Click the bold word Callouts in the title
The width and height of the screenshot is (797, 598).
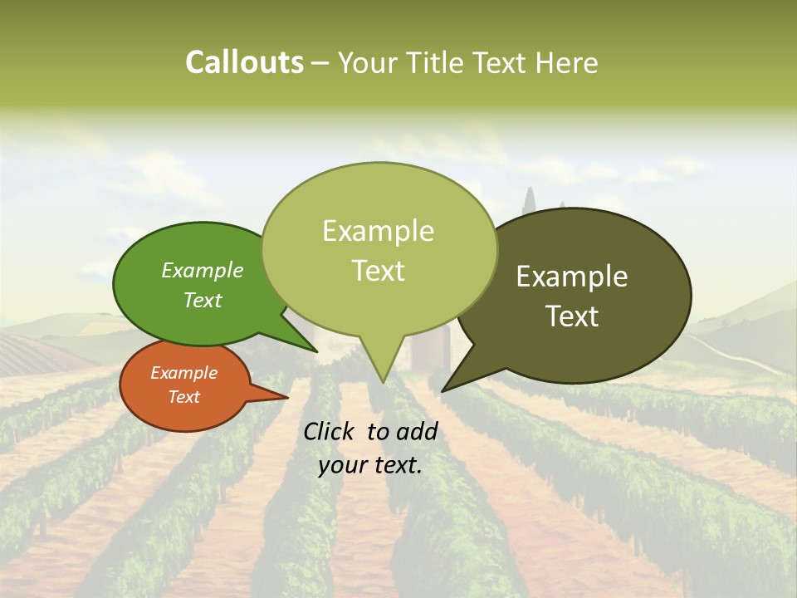(x=244, y=62)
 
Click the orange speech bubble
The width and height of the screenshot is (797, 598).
(x=184, y=385)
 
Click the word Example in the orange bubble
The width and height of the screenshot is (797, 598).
(x=183, y=373)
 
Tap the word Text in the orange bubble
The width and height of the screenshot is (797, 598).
(x=183, y=397)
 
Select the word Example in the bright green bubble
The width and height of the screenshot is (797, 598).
(x=202, y=271)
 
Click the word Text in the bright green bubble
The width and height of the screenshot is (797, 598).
(x=202, y=301)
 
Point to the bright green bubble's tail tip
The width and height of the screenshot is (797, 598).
(x=316, y=351)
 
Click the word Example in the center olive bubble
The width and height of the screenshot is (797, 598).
(x=378, y=231)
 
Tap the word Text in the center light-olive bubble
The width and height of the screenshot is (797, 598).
(x=378, y=271)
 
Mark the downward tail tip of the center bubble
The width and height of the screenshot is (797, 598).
(x=383, y=382)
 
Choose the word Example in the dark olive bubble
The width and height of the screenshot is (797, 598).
(x=572, y=277)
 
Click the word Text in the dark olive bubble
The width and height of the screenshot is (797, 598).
(x=572, y=316)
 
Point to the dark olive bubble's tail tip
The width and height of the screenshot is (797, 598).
(x=443, y=390)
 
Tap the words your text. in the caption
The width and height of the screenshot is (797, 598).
(x=370, y=465)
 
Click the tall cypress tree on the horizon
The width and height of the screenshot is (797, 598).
(x=529, y=204)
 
